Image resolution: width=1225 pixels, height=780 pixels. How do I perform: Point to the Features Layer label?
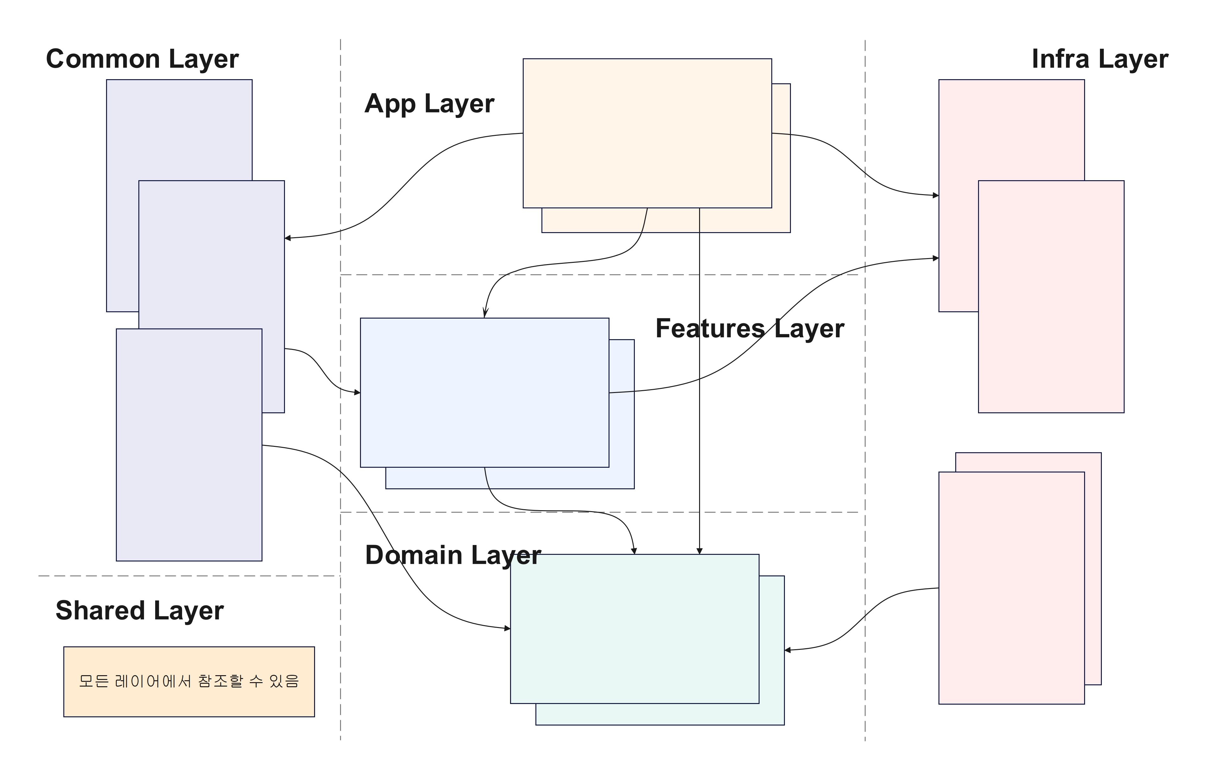(749, 329)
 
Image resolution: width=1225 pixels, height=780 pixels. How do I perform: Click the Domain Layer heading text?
(453, 555)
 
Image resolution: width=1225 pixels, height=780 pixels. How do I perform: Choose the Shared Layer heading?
(139, 611)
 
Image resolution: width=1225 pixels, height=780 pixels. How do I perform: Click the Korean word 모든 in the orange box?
(94, 681)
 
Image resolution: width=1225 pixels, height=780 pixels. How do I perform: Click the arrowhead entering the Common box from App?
(288, 238)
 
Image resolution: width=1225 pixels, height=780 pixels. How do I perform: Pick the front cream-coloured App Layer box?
(647, 133)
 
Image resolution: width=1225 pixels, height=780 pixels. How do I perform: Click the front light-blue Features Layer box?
(484, 393)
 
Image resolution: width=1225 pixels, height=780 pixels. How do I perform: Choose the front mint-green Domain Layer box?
(635, 629)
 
